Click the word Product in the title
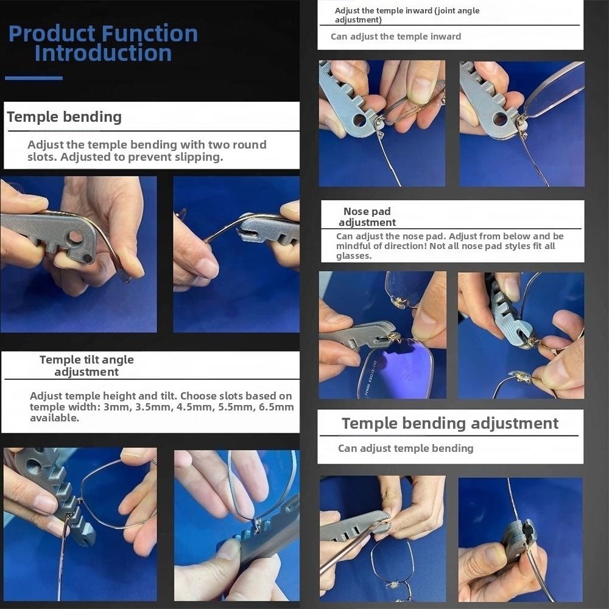pyautogui.click(x=52, y=33)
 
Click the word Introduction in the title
pyautogui.click(x=104, y=53)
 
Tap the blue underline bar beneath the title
pyautogui.click(x=33, y=78)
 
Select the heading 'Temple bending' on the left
pyautogui.click(x=65, y=116)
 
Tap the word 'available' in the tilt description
pyautogui.click(x=53, y=418)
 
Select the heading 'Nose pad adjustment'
pyautogui.click(x=367, y=217)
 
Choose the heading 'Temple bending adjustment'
pyautogui.click(x=450, y=423)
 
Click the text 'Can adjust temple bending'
pyautogui.click(x=406, y=448)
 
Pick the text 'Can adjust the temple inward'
pyautogui.click(x=396, y=37)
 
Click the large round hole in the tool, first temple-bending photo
pyautogui.click(x=76, y=236)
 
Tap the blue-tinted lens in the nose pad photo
pyautogui.click(x=397, y=369)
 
